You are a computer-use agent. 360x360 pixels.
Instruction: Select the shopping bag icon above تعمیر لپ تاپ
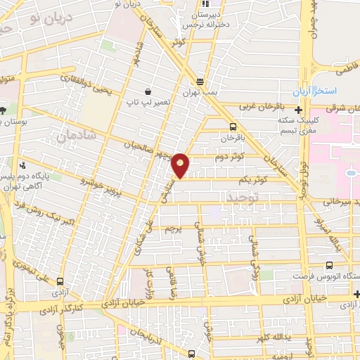148,91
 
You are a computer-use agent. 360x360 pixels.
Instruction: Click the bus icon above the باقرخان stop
233,127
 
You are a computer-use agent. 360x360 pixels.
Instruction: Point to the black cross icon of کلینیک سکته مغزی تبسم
300,110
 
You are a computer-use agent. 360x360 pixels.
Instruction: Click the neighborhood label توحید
243,199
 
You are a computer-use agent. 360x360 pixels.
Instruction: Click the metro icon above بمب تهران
200,81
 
